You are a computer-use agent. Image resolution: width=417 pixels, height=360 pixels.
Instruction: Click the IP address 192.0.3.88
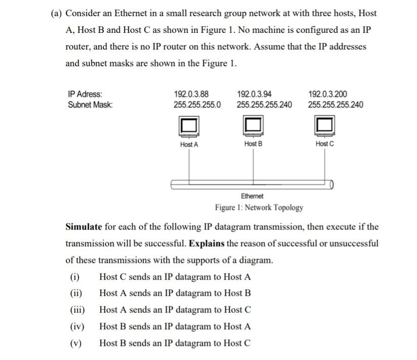pos(190,94)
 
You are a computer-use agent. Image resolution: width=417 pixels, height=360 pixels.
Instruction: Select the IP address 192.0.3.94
pos(254,94)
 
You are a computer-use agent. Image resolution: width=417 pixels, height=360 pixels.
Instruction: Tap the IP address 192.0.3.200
pos(327,94)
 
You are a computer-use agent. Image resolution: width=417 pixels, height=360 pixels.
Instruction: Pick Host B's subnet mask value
pos(264,105)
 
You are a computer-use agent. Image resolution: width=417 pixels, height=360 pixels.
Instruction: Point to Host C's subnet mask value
pos(336,105)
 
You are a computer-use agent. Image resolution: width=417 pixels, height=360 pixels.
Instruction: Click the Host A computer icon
pos(189,126)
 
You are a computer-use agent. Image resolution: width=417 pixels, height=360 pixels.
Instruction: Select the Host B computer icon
pos(253,126)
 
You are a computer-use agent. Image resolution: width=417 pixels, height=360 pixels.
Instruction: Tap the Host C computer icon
pos(325,126)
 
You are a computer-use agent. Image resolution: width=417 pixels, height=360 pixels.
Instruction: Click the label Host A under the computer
pos(189,144)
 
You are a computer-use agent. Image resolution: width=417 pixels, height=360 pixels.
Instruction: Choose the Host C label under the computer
pos(325,144)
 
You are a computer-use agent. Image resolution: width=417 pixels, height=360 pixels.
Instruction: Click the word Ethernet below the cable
pos(252,196)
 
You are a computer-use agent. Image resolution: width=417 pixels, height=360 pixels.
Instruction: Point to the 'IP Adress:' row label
pos(85,94)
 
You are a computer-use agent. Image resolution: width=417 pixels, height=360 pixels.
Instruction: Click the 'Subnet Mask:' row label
pos(90,105)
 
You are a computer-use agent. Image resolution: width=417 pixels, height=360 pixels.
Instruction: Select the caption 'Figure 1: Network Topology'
pos(259,207)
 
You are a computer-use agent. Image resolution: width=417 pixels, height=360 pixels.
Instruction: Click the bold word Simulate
pos(84,226)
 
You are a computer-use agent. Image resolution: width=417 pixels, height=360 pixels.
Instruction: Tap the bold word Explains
pos(206,243)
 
